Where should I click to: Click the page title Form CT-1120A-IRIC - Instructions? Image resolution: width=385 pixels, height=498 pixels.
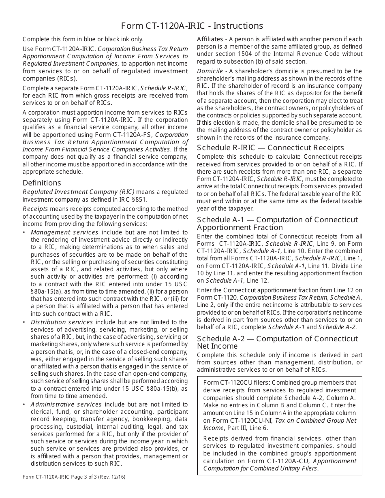[192, 26]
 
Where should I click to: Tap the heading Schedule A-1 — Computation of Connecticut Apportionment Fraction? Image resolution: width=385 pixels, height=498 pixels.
[277, 223]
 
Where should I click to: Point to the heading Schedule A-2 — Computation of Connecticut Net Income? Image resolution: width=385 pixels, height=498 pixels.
[277, 342]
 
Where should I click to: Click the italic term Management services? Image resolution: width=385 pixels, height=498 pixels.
[64, 232]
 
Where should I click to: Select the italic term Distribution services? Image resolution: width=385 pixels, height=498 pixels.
[62, 322]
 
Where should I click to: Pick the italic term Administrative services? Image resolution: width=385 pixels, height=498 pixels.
[66, 404]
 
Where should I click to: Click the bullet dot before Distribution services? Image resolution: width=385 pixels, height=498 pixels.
[24, 322]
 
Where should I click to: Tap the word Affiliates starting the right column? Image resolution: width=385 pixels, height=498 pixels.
[210, 39]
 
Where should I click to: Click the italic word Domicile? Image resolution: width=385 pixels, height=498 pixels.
[210, 71]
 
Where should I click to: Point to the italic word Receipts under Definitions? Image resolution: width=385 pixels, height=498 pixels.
[35, 209]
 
